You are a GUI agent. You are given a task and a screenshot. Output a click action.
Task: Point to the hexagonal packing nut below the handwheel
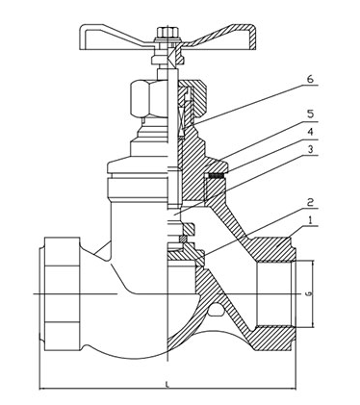pos(143,97)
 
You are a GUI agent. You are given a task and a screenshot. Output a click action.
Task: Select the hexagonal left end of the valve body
pos(51,289)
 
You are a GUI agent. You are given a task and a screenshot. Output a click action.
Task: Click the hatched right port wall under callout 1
pos(275,251)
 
